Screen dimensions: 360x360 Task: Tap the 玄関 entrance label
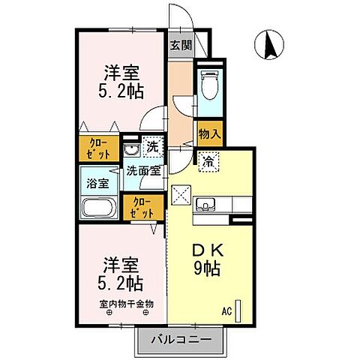[x=180, y=45]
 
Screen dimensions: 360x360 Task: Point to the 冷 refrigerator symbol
[x=208, y=159]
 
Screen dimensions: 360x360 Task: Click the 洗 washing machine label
[x=151, y=148]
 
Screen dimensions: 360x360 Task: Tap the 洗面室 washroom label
[x=142, y=170]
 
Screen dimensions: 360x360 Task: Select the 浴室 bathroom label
[x=97, y=182]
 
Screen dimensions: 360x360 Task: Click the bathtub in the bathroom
[x=97, y=208]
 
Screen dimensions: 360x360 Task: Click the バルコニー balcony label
[x=179, y=340]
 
